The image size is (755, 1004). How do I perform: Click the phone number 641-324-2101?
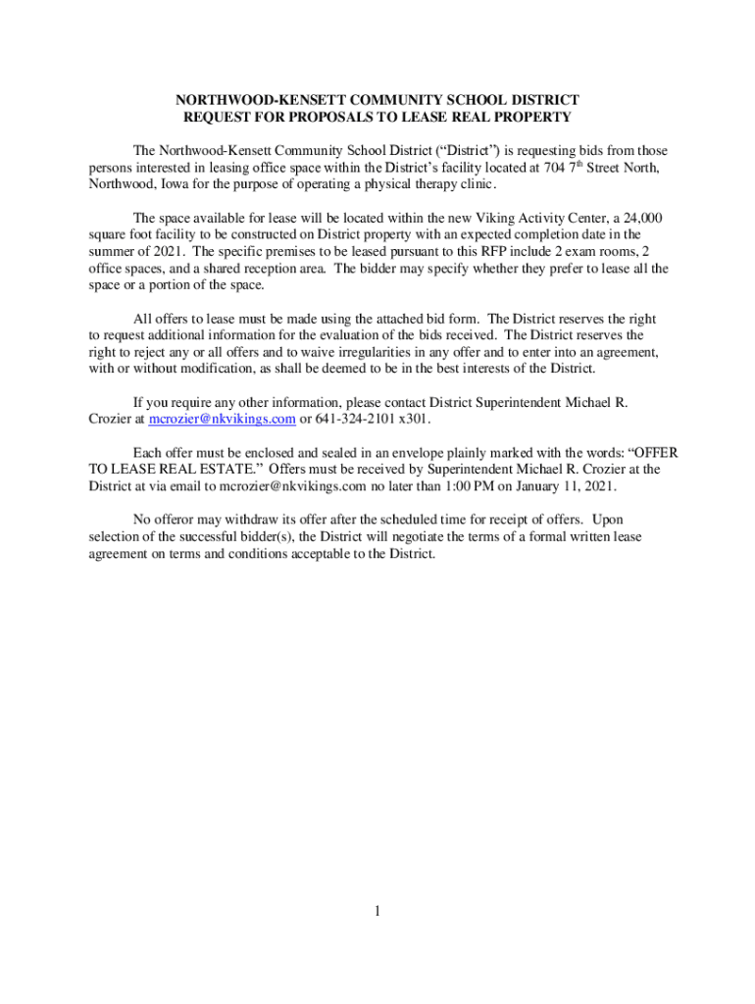click(357, 419)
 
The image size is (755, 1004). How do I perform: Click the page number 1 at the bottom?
click(377, 912)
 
